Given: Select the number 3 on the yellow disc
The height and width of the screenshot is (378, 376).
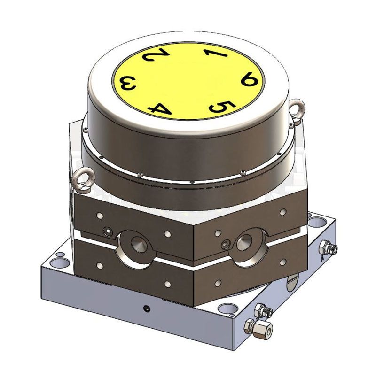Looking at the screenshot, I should [129, 85].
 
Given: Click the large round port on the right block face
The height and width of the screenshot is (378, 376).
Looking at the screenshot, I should [245, 242].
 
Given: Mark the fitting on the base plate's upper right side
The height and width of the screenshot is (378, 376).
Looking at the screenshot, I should [328, 247].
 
